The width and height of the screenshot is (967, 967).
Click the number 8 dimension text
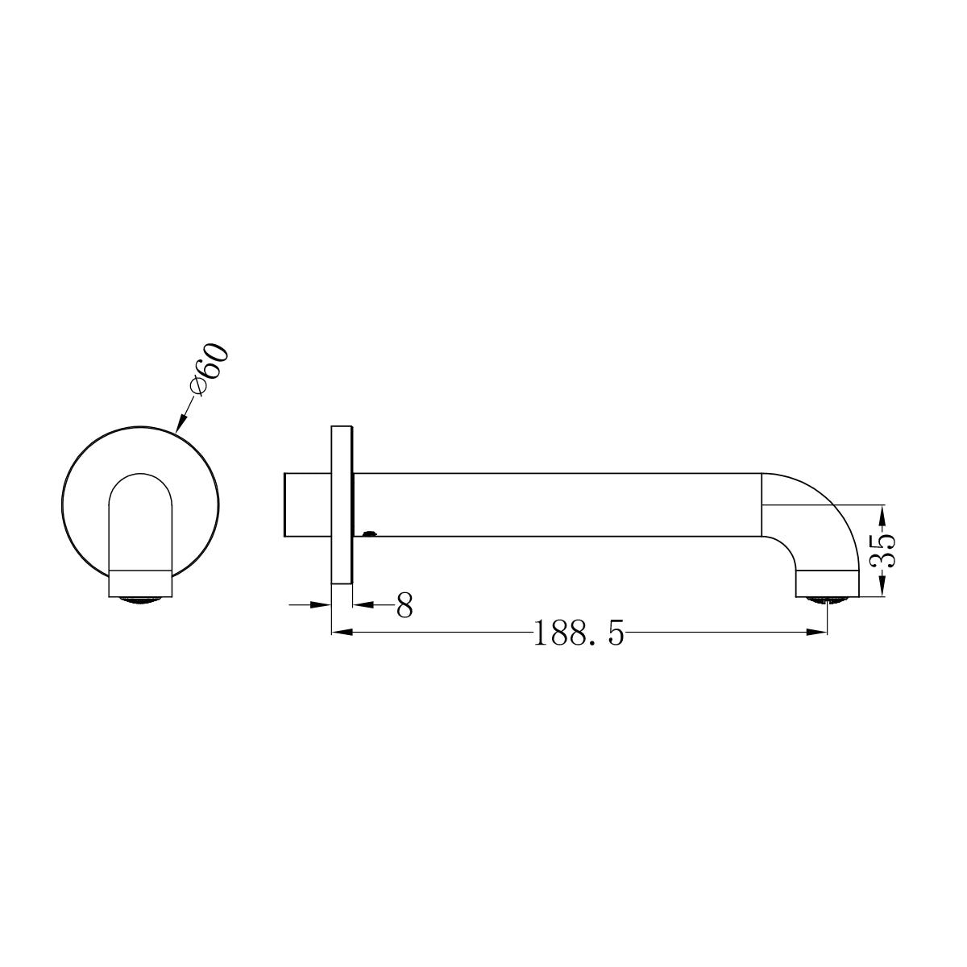tap(405, 604)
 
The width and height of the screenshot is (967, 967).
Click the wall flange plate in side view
tap(341, 504)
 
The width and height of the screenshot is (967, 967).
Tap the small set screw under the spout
tap(369, 533)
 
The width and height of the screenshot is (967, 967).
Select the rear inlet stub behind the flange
tap(307, 504)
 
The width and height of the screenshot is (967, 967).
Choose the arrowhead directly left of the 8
tap(362, 604)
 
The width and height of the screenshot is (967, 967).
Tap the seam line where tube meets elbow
tap(762, 504)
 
